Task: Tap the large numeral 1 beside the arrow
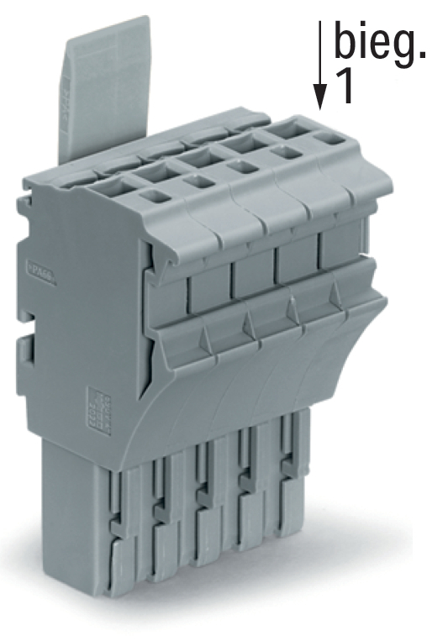point(344,87)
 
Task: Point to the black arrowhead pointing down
point(319,97)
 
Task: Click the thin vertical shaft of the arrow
point(319,53)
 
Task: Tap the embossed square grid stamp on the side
point(99,410)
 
